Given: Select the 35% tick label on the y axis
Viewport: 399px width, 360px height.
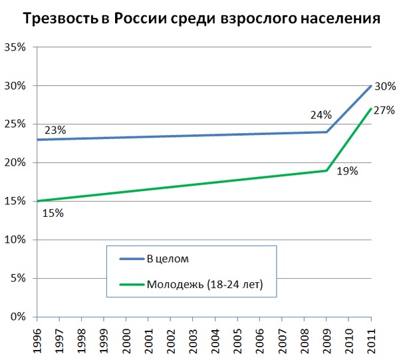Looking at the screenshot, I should click(15, 47).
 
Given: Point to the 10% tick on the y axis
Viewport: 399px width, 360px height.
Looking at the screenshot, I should click(15, 240).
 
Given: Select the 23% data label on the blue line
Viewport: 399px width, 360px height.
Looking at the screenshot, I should click(55, 130).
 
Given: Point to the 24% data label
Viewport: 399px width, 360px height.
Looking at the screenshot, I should click(321, 115).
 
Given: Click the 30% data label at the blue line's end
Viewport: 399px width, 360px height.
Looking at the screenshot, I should click(384, 86).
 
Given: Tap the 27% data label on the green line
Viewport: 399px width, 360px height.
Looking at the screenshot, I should click(384, 110).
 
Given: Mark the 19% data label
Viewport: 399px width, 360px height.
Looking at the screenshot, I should click(346, 171).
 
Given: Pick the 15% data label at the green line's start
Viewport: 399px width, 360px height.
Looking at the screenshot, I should click(53, 213).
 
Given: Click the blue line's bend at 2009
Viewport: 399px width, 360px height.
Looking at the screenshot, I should click(326, 132).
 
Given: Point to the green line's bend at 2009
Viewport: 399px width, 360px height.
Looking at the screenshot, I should click(326, 170).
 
